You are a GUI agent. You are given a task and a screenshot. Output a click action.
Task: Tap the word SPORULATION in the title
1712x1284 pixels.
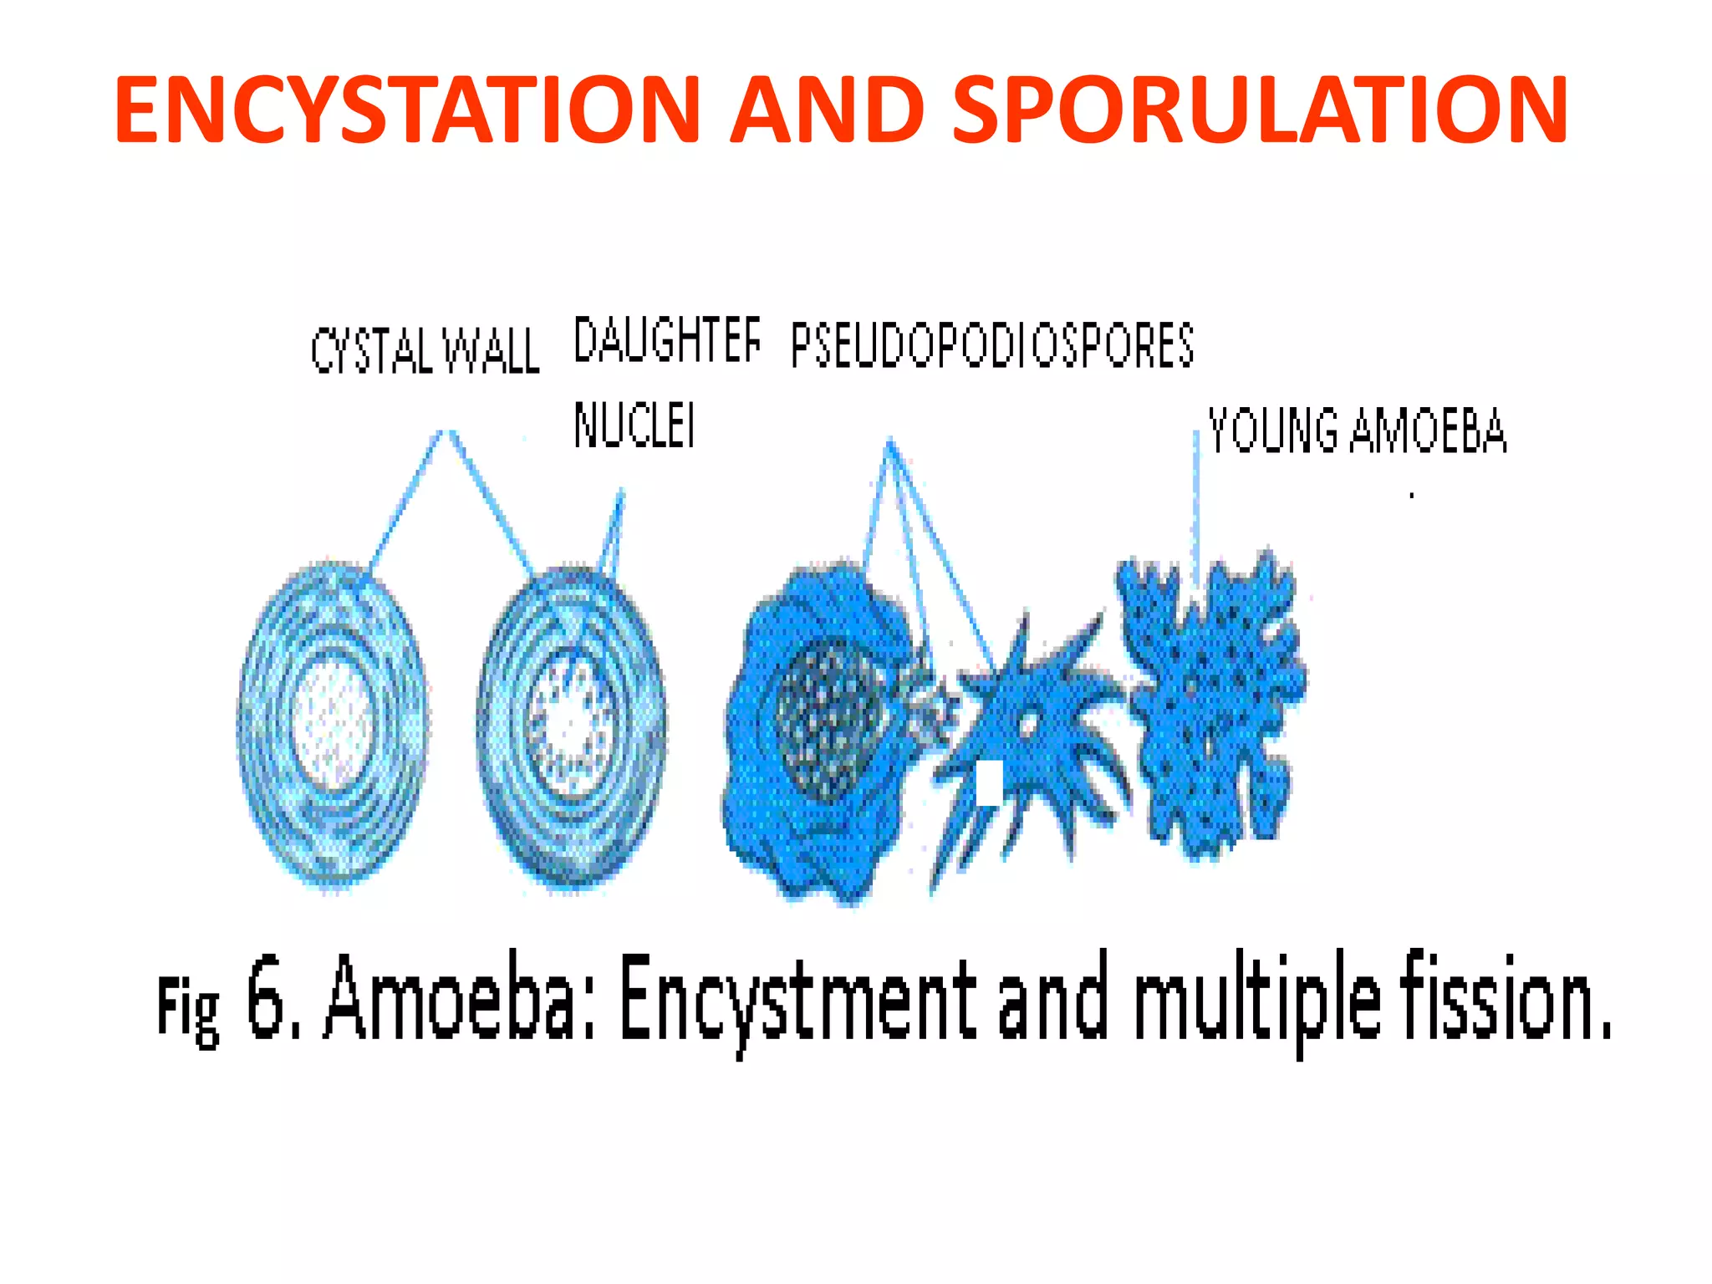coord(1260,110)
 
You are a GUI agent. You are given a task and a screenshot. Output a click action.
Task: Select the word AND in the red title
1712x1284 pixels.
coord(828,110)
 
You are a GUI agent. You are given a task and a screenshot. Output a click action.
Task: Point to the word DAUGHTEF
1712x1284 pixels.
coord(667,340)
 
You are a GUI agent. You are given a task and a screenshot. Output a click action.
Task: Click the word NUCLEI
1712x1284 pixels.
coord(634,425)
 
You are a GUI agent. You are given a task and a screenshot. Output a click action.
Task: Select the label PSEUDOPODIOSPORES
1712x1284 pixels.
coord(992,345)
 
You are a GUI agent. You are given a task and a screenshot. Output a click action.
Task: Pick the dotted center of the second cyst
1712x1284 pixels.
coord(571,721)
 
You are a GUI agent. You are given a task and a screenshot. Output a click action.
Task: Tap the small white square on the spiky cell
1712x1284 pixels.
coord(990,783)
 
